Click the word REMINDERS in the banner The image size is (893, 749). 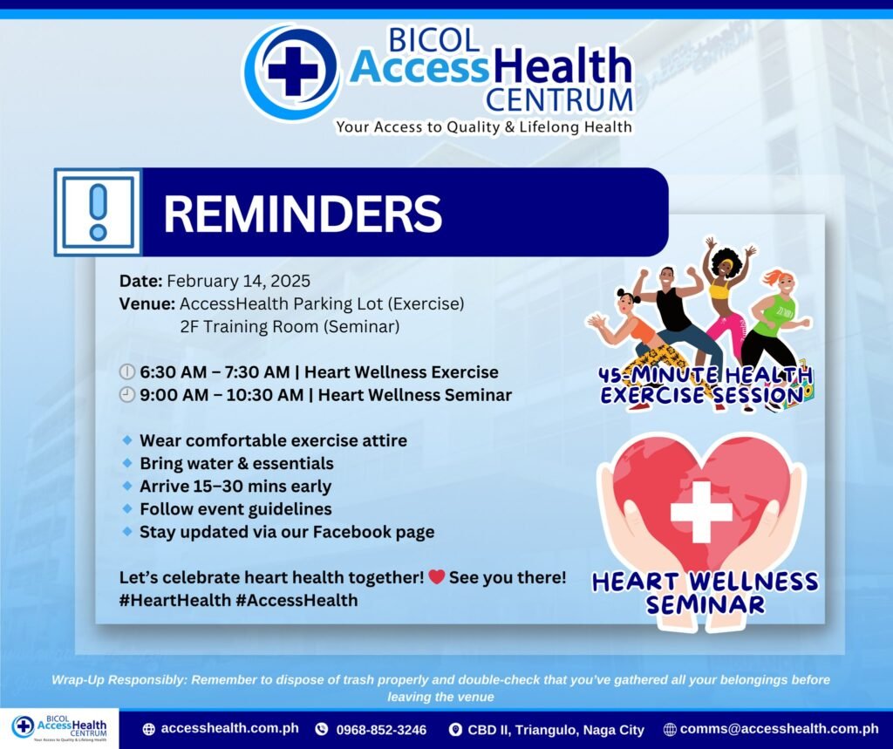[x=303, y=213]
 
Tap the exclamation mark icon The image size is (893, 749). [x=98, y=212]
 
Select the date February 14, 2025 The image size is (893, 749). [x=239, y=281]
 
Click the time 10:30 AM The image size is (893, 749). [x=265, y=395]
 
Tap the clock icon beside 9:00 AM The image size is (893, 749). [x=127, y=394]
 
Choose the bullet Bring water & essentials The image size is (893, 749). [x=236, y=463]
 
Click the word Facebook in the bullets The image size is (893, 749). [x=352, y=531]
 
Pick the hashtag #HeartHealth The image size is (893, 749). [x=174, y=600]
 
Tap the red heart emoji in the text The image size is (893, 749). [x=437, y=577]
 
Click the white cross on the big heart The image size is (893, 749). [x=701, y=512]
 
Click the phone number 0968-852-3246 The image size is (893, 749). [x=381, y=730]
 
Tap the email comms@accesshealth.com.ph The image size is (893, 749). [x=779, y=728]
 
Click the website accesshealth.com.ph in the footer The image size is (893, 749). [x=229, y=728]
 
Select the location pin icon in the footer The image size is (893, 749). [x=455, y=729]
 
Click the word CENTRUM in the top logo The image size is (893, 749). [x=559, y=99]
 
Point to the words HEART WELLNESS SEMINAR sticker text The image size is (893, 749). [x=705, y=593]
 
